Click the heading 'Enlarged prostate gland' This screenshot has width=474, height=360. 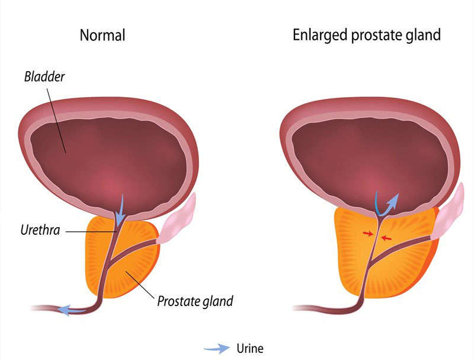[367, 35]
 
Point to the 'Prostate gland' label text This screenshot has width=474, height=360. [195, 301]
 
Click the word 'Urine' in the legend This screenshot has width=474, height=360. [249, 348]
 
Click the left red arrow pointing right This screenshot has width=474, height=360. [368, 234]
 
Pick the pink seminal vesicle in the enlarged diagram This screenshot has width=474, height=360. [451, 211]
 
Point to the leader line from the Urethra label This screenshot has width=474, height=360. [89, 231]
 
